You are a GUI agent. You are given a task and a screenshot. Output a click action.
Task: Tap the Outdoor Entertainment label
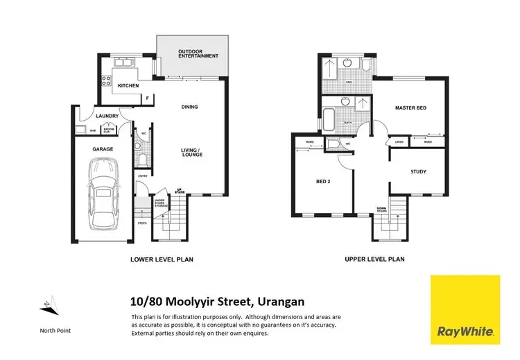click(x=198, y=53)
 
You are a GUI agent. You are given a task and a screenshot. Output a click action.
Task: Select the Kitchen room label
click(x=128, y=86)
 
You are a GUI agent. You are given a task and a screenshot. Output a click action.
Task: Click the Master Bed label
click(x=410, y=108)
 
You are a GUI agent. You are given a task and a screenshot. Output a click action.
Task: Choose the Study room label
click(x=418, y=171)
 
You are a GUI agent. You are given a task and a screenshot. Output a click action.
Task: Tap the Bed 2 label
click(x=323, y=181)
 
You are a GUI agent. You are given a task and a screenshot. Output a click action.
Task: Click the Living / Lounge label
click(x=190, y=153)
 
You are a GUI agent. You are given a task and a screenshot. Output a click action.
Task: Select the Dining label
click(x=189, y=107)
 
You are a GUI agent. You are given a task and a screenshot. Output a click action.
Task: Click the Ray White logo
click(x=465, y=310)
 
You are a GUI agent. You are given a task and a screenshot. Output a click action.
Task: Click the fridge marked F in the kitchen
click(x=147, y=98)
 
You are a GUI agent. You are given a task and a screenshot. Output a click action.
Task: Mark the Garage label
click(x=103, y=148)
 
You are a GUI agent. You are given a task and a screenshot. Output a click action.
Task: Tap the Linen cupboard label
click(x=399, y=142)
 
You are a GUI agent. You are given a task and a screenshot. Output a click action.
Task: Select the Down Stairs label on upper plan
click(x=381, y=209)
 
